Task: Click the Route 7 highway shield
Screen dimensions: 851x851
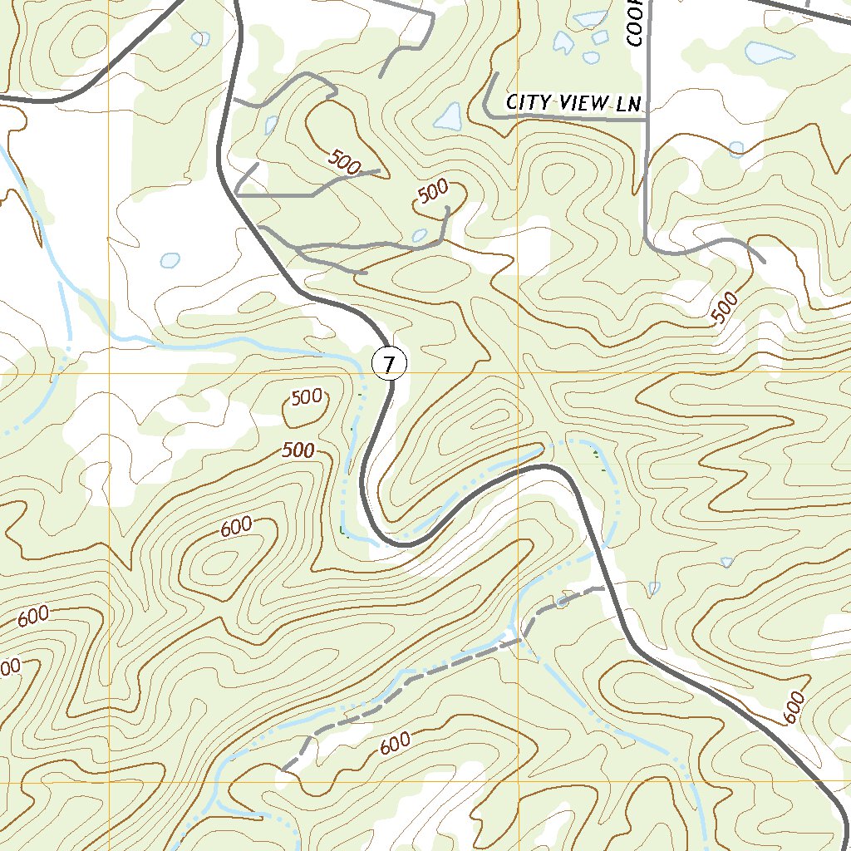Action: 389,363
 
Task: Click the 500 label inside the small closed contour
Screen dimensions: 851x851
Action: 307,397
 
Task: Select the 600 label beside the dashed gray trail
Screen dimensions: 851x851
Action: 396,742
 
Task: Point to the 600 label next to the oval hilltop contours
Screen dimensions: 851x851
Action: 236,526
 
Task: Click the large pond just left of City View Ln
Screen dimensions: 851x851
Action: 447,116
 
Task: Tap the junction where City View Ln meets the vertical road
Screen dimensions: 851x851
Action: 647,120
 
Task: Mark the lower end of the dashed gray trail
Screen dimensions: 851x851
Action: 284,770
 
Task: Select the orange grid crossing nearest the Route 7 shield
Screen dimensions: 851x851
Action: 519,373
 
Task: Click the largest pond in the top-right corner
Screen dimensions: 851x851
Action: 770,52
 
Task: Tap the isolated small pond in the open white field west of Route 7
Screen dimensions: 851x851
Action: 170,260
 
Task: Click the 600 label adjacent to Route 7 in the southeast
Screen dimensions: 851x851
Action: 793,707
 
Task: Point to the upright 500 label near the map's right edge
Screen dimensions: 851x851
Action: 725,308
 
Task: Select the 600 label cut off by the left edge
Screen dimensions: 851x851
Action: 8,667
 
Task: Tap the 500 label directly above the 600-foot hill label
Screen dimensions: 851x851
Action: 298,451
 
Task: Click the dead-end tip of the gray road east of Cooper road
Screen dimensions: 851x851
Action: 763,260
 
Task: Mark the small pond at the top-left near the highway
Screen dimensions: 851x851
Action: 200,38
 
